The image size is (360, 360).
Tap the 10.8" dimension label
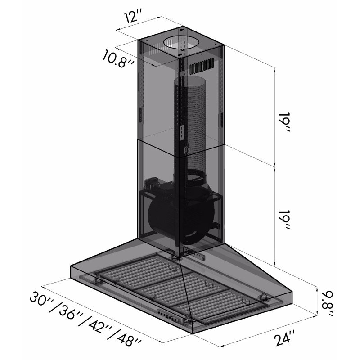click(x=118, y=59)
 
